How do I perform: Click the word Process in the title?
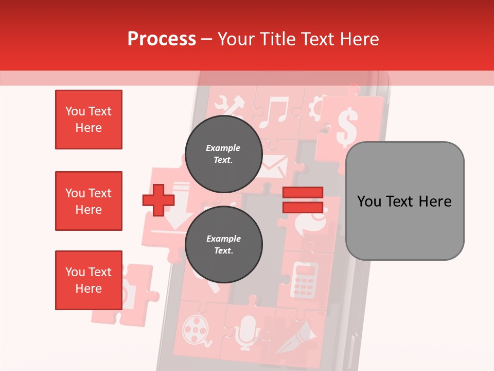[162, 39]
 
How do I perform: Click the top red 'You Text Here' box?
[89, 120]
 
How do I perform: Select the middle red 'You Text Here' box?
[89, 201]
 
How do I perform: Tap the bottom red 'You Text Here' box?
[89, 280]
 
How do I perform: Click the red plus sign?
[158, 200]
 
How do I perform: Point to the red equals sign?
[303, 200]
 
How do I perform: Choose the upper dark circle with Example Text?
[223, 154]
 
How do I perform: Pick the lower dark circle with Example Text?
[223, 244]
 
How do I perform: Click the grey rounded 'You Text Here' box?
[404, 201]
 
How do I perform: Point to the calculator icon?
[305, 280]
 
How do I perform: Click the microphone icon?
[248, 330]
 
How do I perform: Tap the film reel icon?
[195, 328]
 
